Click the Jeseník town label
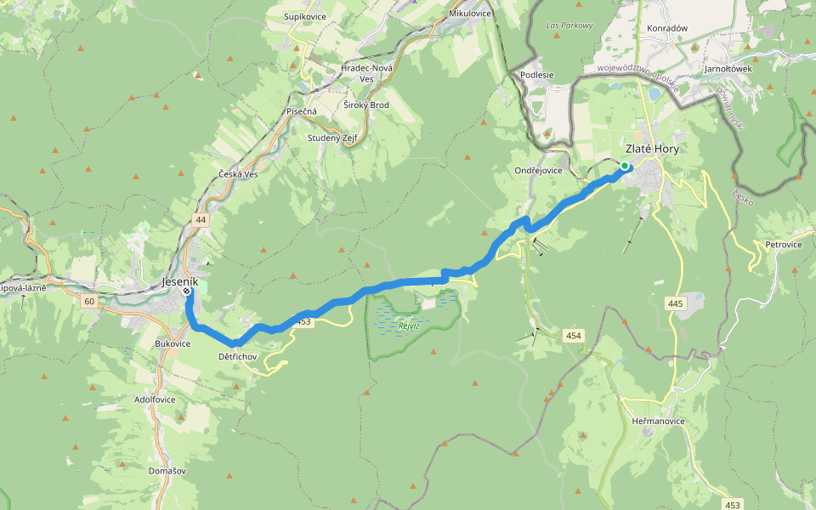[x=179, y=280]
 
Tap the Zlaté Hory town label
[x=652, y=148]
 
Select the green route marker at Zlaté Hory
[x=625, y=166]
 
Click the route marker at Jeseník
[x=186, y=292]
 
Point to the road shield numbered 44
[x=201, y=220]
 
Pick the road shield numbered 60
[x=89, y=302]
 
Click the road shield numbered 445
[x=676, y=303]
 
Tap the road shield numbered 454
[x=574, y=336]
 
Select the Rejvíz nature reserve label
[x=410, y=326]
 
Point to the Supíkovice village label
[x=306, y=17]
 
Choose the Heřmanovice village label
[x=659, y=421]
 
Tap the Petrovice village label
[x=783, y=244]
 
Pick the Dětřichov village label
[x=237, y=356]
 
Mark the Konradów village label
[x=667, y=28]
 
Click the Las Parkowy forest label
[x=569, y=25]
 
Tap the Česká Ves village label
[x=238, y=174]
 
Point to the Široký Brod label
[x=366, y=105]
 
